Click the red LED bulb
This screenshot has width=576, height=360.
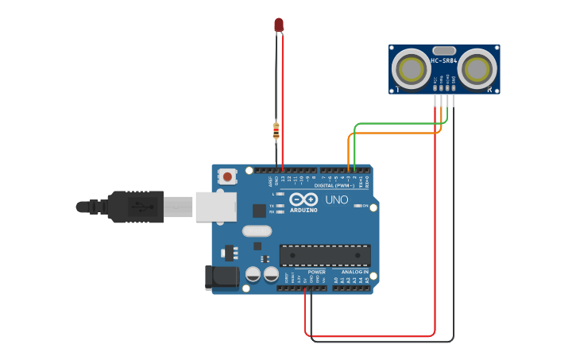[x=279, y=25]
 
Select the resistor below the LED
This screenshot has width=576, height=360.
[x=276, y=130]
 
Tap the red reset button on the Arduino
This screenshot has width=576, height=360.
[x=228, y=176]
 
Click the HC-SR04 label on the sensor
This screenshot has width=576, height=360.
[x=444, y=60]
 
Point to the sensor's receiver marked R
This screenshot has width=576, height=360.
[x=477, y=69]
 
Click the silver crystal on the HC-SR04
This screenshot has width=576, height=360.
[x=444, y=51]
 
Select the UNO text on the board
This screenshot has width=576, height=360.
[x=337, y=199]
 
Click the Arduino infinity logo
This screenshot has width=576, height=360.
[x=303, y=199]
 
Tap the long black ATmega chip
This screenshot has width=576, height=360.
[x=324, y=255]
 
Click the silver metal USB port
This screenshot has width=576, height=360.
[x=216, y=206]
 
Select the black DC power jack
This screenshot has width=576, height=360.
[x=222, y=277]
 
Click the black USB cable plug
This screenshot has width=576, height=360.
[x=136, y=206]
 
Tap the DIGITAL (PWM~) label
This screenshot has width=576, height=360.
[x=334, y=185]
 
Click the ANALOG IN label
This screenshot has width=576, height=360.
[x=355, y=272]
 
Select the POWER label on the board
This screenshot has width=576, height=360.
[x=316, y=272]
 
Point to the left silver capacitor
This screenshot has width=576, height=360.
[x=253, y=274]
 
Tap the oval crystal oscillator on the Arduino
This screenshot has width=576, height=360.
[x=257, y=231]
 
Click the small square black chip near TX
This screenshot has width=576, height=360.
[x=259, y=211]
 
